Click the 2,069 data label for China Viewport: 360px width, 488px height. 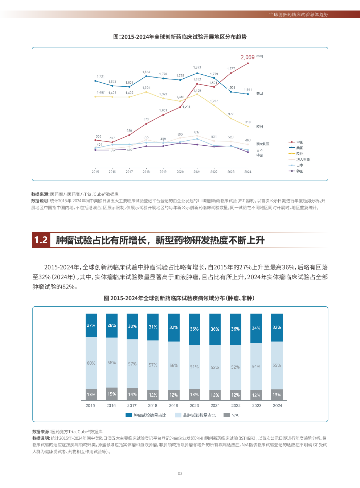(x=247, y=57)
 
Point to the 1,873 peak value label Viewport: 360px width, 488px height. (x=197, y=67)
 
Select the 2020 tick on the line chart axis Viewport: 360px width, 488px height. (x=180, y=172)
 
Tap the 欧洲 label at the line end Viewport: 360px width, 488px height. (x=259, y=127)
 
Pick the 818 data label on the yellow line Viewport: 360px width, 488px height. (x=248, y=122)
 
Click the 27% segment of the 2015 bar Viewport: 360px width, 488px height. (x=91, y=326)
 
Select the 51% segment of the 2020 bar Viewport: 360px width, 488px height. (x=194, y=367)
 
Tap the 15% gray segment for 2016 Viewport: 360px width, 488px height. (x=112, y=394)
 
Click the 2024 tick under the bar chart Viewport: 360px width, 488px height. (x=277, y=406)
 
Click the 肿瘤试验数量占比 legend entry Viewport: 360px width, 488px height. (x=146, y=415)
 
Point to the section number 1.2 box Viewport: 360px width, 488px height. (x=41, y=240)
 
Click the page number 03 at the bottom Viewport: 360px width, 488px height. (x=180, y=473)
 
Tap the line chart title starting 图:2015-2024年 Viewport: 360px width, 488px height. (x=180, y=37)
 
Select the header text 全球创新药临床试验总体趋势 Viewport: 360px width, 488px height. (x=298, y=15)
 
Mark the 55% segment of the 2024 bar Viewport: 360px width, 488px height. (x=277, y=365)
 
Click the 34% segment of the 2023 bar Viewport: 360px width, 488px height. (x=256, y=328)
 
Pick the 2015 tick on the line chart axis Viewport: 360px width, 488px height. (x=95, y=172)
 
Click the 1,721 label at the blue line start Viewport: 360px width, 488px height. (x=101, y=77)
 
